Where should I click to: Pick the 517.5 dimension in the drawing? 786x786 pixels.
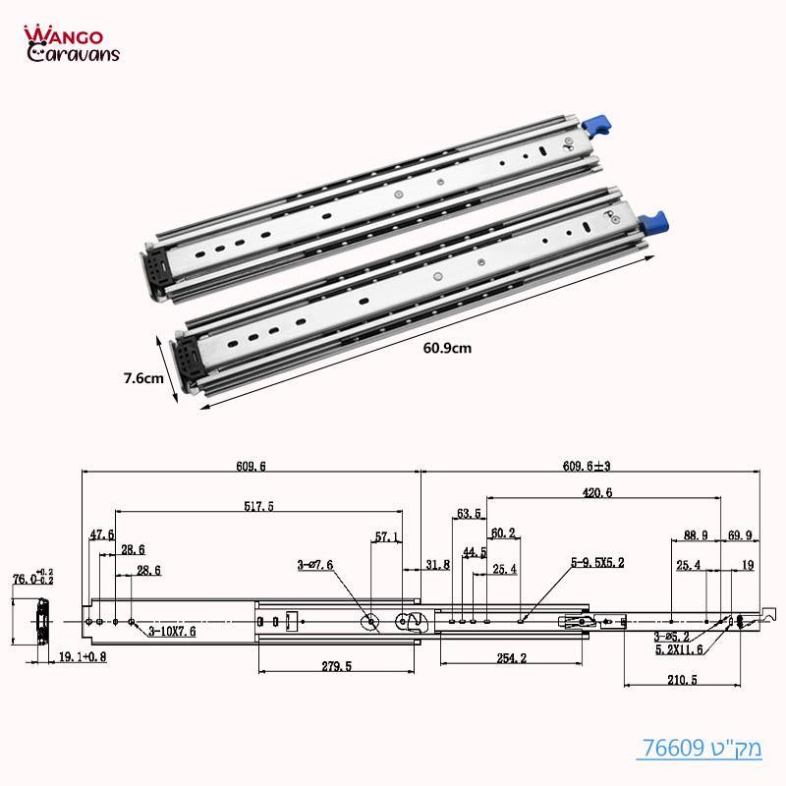click(259, 506)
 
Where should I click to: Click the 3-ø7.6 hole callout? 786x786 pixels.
click(314, 566)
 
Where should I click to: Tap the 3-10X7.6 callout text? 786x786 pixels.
click(172, 632)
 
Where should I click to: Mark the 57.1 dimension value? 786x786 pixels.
click(387, 537)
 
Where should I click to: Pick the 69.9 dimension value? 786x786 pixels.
click(741, 536)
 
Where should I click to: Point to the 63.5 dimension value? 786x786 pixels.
click(470, 513)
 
